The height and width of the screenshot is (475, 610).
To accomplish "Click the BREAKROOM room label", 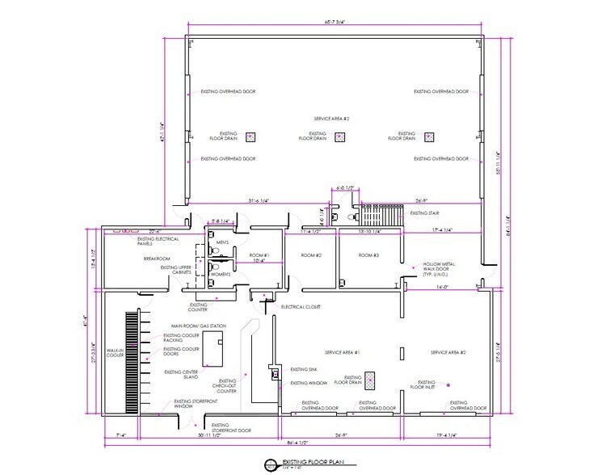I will (157, 259).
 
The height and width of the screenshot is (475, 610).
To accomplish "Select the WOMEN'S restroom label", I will (221, 274).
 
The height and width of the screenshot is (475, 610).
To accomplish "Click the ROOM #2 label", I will (312, 255).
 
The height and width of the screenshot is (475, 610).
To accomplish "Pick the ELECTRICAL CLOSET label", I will (300, 308).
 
